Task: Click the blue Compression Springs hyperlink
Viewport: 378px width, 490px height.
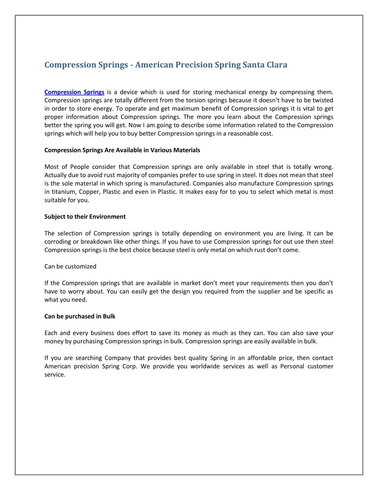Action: pos(74,92)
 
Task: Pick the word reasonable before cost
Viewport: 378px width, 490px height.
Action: pos(244,134)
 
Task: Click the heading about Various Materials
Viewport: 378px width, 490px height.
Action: pos(122,150)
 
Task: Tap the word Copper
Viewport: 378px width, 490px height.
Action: pos(89,192)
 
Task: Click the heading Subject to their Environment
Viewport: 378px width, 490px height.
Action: pos(85,217)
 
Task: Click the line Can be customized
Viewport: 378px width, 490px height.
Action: pos(70,266)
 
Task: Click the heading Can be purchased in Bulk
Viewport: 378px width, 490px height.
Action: pos(80,316)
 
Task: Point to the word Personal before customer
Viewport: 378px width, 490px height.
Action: pos(292,366)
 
